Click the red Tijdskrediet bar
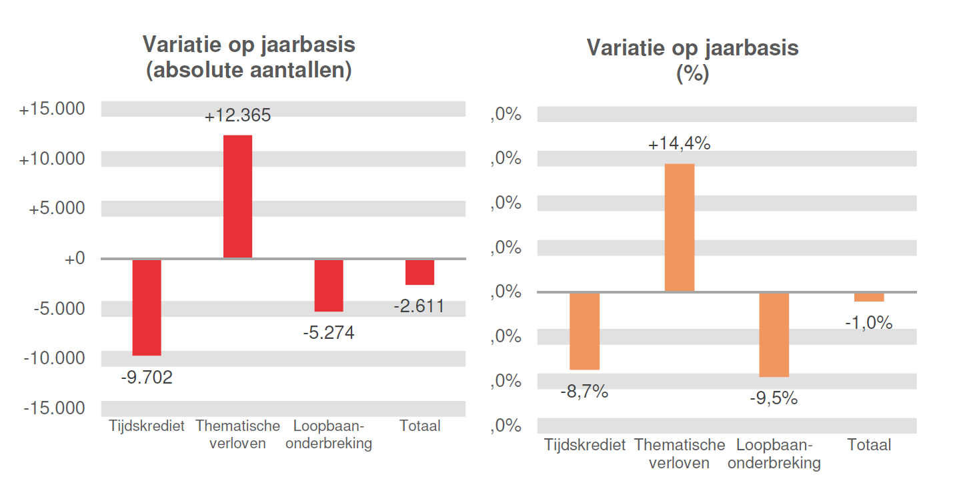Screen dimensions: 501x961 click(147, 307)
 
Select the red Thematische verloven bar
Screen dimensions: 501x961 click(237, 196)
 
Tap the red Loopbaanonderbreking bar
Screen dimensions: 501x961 click(329, 285)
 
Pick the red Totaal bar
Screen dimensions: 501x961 click(420, 272)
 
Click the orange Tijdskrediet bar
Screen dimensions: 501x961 click(585, 331)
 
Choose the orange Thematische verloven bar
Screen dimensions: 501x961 click(680, 227)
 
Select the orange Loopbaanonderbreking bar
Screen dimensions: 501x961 click(774, 334)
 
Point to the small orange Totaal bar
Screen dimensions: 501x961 click(869, 297)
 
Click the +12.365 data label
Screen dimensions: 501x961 click(237, 116)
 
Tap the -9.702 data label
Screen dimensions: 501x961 click(147, 378)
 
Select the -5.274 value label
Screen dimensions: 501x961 click(328, 332)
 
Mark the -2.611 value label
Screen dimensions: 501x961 click(419, 307)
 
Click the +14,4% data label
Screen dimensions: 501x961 click(680, 143)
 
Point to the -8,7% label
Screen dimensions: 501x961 click(584, 392)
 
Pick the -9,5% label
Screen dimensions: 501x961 click(774, 398)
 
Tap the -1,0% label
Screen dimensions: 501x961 click(868, 323)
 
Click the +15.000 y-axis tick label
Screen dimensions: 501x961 click(53, 109)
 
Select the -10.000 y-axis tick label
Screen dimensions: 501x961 click(55, 358)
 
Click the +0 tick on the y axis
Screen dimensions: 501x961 click(75, 259)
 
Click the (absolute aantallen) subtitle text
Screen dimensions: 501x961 click(249, 70)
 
